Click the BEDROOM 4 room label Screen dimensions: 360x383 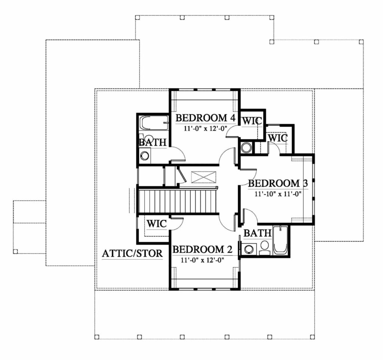pyautogui.click(x=205, y=118)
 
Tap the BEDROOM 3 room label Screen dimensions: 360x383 pyautogui.click(x=278, y=184)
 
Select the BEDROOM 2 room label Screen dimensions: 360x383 pyautogui.click(x=202, y=250)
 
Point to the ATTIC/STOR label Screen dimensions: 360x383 pyautogui.click(x=132, y=254)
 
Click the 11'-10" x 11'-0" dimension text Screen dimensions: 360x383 pyautogui.click(x=278, y=194)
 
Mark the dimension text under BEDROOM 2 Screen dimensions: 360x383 pyautogui.click(x=202, y=260)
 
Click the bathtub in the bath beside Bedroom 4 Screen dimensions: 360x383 pyautogui.click(x=154, y=123)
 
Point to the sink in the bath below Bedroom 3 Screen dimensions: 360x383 pyautogui.click(x=249, y=249)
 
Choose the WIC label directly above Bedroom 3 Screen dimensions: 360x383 pyautogui.click(x=278, y=138)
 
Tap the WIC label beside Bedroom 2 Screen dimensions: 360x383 pyautogui.click(x=156, y=224)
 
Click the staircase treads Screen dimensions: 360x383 pyautogui.click(x=178, y=201)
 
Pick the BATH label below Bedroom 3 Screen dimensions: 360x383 pyautogui.click(x=257, y=234)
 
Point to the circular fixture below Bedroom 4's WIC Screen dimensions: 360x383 pyautogui.click(x=246, y=147)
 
